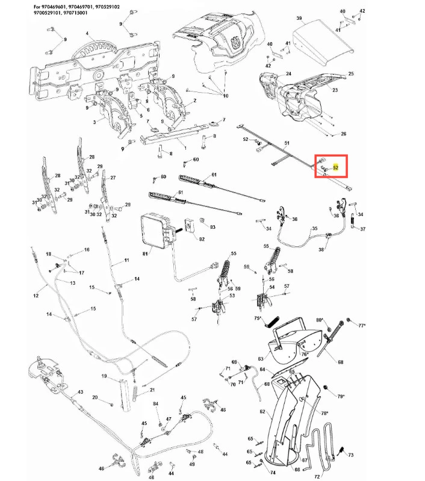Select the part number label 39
point(299,19)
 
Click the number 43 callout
point(79,392)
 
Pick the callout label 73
point(351,455)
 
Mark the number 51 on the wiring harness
point(287,143)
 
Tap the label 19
point(104,377)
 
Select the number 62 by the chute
point(262,412)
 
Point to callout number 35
point(314,229)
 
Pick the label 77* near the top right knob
point(362,325)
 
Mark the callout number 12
point(36,295)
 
